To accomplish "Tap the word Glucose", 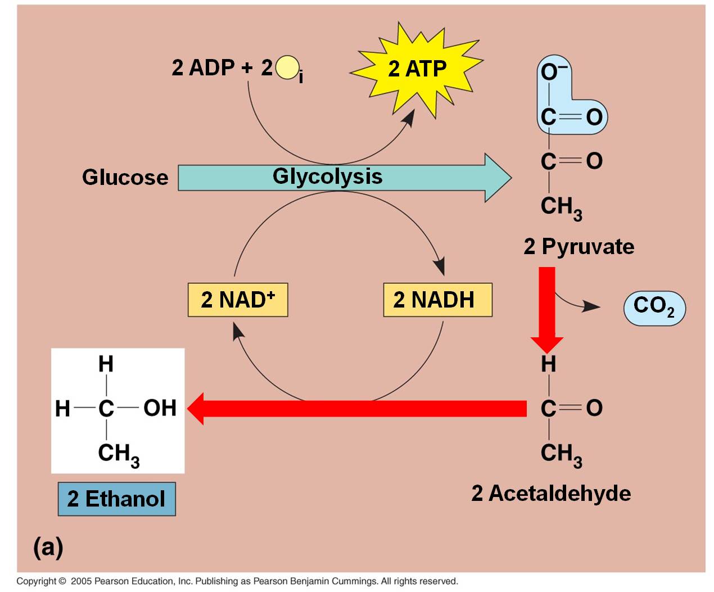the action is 125,178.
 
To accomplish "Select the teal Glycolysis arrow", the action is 344,178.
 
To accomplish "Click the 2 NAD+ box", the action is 238,300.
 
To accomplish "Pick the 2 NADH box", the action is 438,300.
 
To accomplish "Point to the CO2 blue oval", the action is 654,308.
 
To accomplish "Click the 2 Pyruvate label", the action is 579,247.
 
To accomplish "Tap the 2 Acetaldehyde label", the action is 551,494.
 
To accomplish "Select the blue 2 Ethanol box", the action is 116,499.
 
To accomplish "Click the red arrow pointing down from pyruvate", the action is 547,310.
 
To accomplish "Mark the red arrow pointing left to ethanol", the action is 357,409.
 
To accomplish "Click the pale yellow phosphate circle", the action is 287,67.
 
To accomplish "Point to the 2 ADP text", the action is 203,67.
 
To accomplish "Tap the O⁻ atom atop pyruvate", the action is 553,72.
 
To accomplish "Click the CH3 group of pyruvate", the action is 562,208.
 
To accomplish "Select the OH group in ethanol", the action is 160,408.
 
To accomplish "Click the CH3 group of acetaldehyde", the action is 562,455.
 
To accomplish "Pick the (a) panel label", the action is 48,547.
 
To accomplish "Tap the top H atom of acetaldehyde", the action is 549,364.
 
